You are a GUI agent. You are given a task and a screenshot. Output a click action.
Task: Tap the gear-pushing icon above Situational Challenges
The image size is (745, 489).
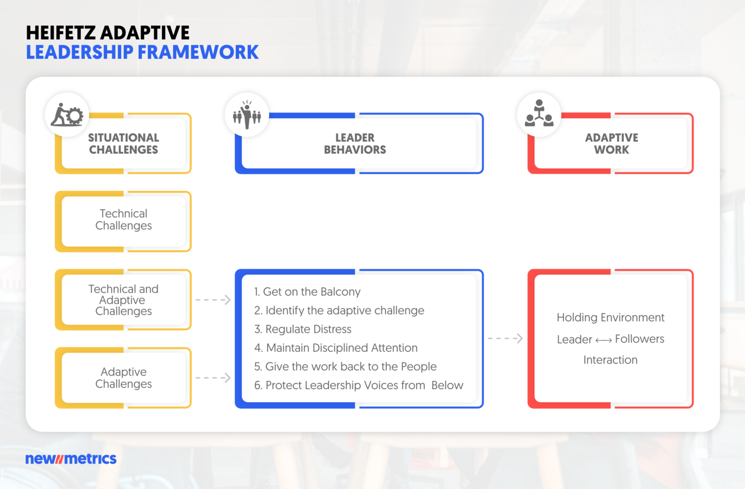click(67, 115)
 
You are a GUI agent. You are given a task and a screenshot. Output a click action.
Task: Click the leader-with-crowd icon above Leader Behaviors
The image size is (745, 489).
click(247, 115)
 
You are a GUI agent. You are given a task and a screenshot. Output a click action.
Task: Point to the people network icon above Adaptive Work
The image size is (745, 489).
click(539, 114)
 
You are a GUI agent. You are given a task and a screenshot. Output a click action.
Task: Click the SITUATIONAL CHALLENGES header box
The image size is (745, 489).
click(124, 144)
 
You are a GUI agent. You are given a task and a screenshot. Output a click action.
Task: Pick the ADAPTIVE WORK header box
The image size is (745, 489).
click(611, 144)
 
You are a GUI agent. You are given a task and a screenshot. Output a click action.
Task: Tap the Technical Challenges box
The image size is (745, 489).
click(124, 220)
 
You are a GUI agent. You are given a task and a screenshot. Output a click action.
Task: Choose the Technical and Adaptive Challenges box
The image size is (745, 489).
click(124, 300)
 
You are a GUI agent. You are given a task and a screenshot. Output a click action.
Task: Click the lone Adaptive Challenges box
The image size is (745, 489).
click(124, 378)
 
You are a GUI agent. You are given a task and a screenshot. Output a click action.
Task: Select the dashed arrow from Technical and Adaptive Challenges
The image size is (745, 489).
click(213, 300)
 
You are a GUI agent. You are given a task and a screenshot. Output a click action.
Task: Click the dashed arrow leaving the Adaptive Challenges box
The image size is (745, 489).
click(213, 378)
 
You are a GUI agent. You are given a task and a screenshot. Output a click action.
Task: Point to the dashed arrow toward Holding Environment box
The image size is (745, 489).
click(505, 338)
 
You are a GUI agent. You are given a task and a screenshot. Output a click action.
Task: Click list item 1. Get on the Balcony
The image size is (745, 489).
click(308, 292)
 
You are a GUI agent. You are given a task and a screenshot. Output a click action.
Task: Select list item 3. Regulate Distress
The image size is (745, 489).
click(303, 329)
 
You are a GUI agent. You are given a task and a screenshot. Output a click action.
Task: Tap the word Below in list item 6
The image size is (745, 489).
click(447, 386)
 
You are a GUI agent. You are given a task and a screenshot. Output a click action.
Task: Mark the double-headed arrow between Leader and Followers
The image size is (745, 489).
click(603, 341)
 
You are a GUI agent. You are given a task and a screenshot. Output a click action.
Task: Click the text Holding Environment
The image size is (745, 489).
click(610, 318)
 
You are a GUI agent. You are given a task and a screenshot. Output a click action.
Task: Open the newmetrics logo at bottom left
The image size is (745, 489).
click(71, 459)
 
